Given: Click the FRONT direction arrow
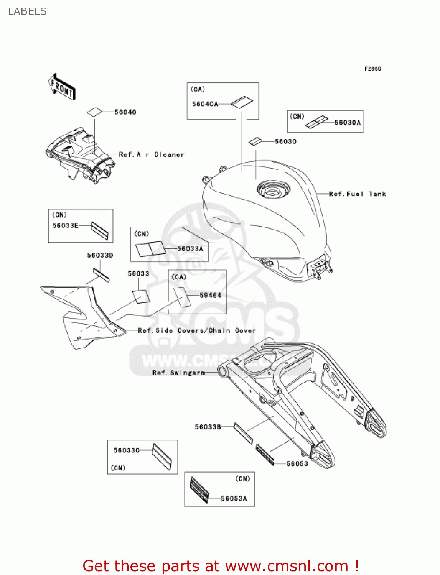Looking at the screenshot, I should coord(62,87).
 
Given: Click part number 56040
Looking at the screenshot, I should coord(125,112).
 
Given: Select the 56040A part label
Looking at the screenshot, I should coord(205,104).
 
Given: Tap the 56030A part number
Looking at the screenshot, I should coord(347,123).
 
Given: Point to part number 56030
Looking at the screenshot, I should coord(285,142).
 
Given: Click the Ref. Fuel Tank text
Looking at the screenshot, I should coord(357,194).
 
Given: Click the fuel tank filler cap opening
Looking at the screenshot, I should coord(274,190).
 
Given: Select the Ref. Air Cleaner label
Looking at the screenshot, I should coord(152,155).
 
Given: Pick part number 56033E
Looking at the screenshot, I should coord(65,226).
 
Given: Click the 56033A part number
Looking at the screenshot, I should coord(190,249).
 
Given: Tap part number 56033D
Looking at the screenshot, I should coord(100,255).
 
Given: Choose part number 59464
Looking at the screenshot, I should coord(210,296).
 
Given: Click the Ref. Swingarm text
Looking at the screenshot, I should coord(179,373).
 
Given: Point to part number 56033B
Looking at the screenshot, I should coord(208,427).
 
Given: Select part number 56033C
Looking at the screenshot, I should coord(126,450).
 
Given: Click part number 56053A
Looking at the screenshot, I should coord(234,499).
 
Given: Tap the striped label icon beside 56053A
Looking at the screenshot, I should coord(199,490).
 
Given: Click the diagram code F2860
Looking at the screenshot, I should coord(372,69).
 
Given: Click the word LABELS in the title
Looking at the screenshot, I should coord(27,12).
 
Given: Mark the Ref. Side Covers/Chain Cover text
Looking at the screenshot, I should coord(196,330).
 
